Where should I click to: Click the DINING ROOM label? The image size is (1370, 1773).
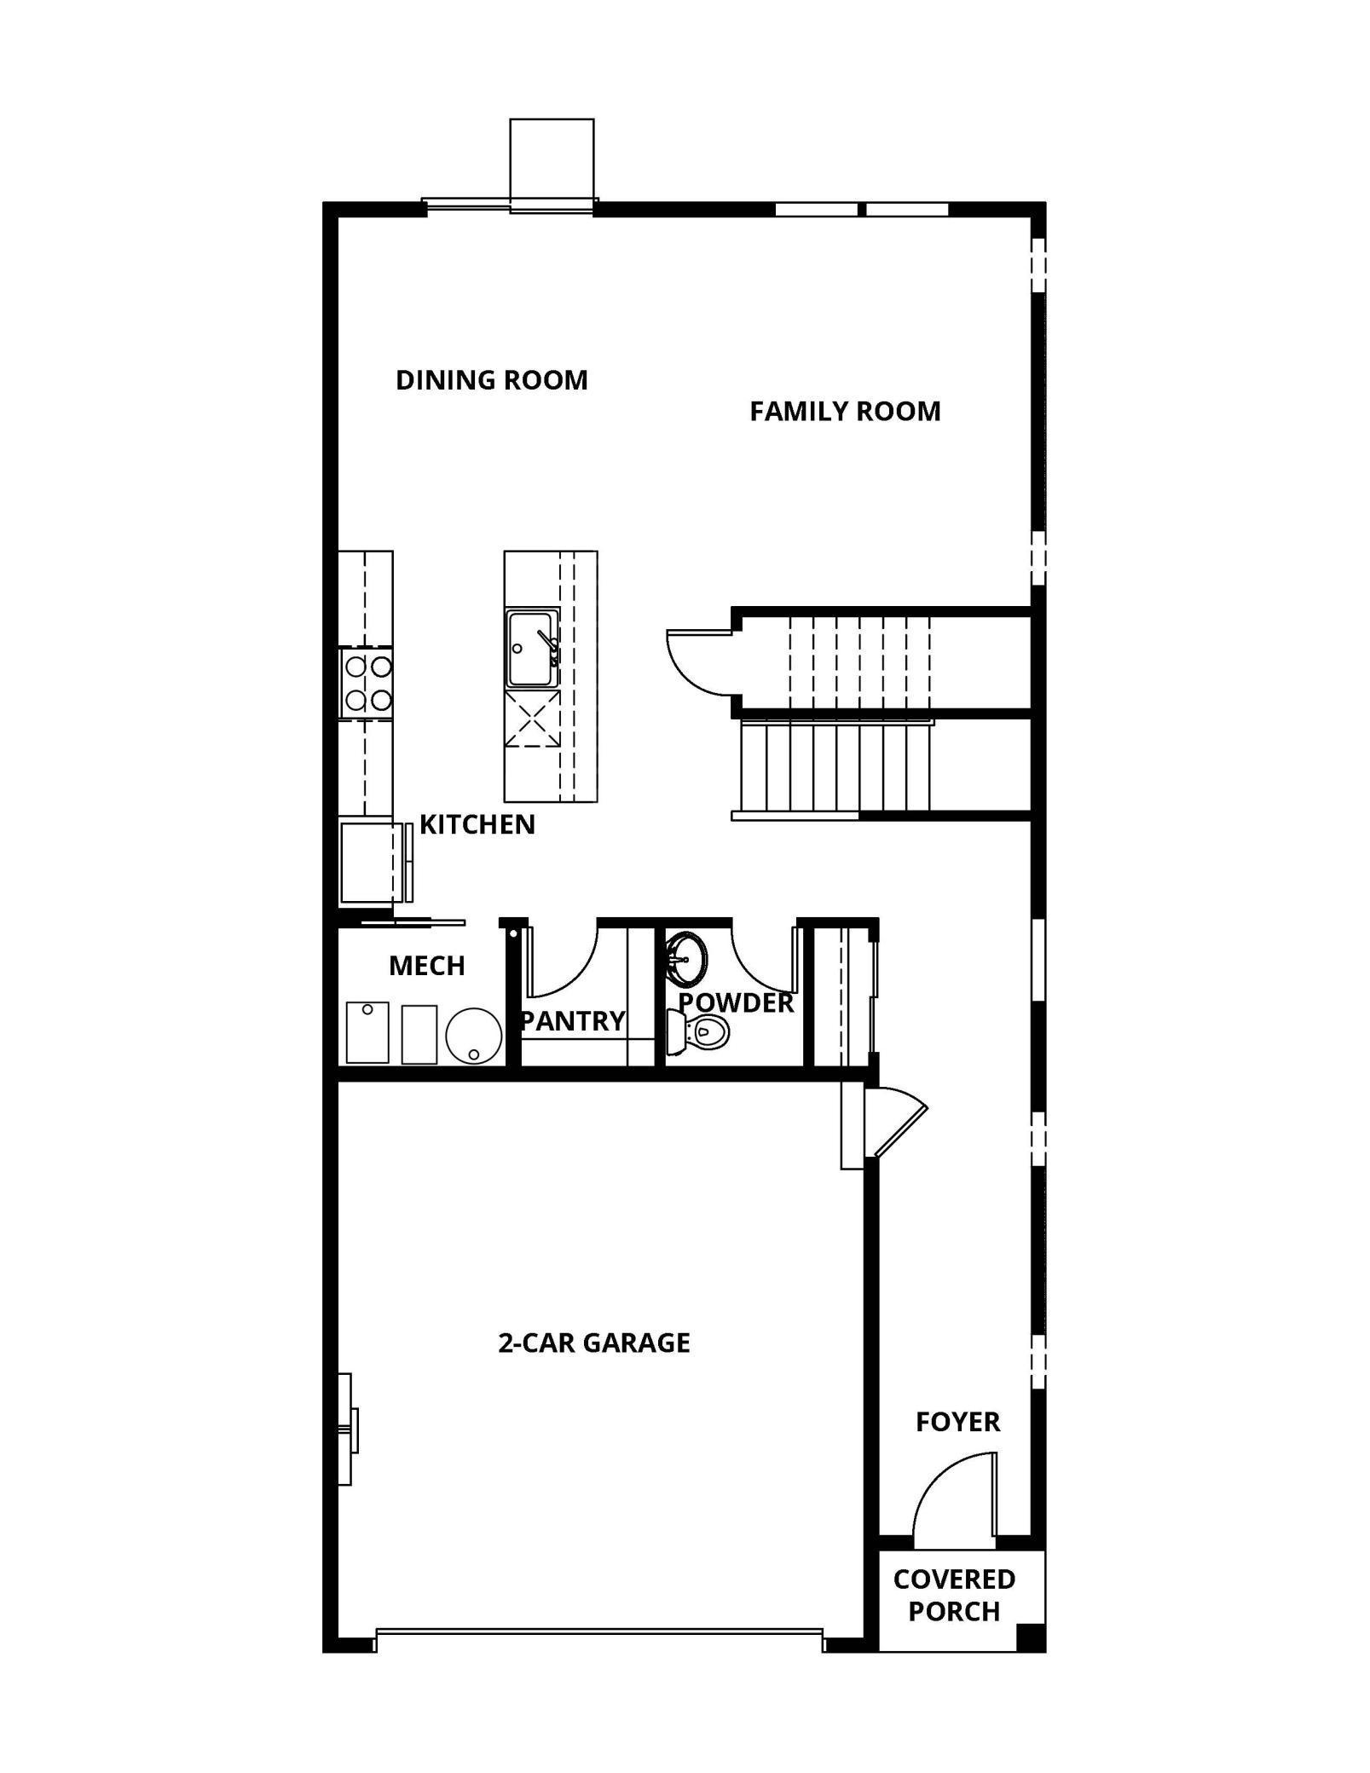point(492,380)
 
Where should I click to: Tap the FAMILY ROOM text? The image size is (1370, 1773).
point(845,412)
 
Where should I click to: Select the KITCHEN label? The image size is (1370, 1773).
point(477,824)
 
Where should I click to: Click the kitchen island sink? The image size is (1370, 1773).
point(532,649)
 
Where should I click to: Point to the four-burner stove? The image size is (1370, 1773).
point(367,684)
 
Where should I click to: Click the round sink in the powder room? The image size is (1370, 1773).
point(685,956)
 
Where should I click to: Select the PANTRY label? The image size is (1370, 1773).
point(573,1020)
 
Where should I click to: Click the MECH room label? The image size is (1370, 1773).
point(427,966)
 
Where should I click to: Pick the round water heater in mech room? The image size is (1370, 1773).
point(473,1036)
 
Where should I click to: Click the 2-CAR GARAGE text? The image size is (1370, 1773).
point(594,1343)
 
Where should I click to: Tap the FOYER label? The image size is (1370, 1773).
point(957,1422)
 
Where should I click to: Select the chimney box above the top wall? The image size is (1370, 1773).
point(552,159)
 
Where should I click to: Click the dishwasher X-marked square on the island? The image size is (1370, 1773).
point(532,719)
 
